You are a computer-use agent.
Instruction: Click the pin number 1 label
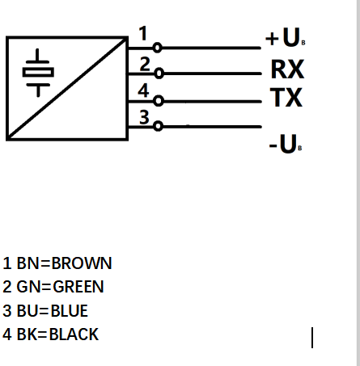pos(143,34)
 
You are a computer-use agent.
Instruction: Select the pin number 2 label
pos(144,63)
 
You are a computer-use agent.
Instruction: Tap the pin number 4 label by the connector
pos(143,90)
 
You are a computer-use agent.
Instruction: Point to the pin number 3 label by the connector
pos(144,117)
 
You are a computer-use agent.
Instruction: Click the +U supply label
pos(285,38)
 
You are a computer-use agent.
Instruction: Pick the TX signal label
pos(286,99)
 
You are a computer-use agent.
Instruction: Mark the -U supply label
pos(285,146)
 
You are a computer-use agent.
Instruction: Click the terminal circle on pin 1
pos(158,47)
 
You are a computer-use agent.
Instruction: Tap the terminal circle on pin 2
pos(158,74)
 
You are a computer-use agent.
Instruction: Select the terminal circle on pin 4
pos(158,101)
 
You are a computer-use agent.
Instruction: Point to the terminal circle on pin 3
pos(158,126)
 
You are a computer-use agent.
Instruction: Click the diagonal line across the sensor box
pos(67,87)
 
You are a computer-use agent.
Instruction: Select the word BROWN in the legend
pos(81,263)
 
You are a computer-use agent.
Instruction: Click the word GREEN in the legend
pos(78,287)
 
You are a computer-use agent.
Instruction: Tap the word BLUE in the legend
pos(69,310)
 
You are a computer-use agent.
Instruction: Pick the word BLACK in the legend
pos(74,334)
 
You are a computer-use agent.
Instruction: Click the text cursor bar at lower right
pos(312,337)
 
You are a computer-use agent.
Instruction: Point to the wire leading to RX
pos(210,74)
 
